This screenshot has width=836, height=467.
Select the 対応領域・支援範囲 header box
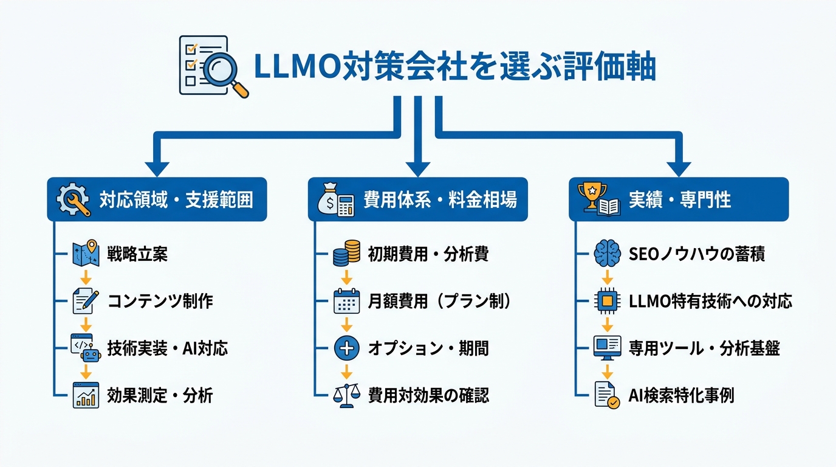[x=157, y=199]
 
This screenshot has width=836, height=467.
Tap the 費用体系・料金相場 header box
[x=417, y=199]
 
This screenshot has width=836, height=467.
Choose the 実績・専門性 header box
[x=678, y=199]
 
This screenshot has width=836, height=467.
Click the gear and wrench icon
[x=73, y=199]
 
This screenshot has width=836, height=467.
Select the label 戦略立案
[x=137, y=254]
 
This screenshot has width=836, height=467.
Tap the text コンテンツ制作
[x=160, y=301]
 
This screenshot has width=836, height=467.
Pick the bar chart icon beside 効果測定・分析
[x=86, y=396]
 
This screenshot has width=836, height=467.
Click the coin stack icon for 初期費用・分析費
[x=346, y=254]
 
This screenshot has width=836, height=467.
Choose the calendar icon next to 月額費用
[x=346, y=301]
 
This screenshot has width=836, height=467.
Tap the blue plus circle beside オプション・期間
[x=346, y=348]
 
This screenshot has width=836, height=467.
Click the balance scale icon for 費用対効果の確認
[x=346, y=396]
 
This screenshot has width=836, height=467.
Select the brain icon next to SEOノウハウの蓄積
[x=607, y=254]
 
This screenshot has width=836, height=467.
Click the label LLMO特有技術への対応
[x=710, y=301]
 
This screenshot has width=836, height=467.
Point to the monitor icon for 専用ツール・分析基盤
[x=607, y=348]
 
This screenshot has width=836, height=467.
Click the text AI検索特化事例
[x=681, y=396]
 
